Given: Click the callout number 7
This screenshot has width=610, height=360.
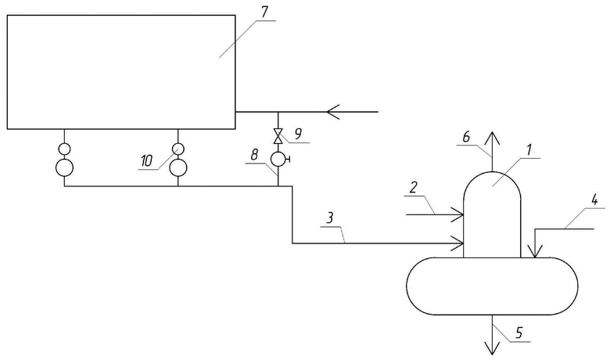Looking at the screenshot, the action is [264, 12].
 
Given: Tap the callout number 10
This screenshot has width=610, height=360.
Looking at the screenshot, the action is [147, 160].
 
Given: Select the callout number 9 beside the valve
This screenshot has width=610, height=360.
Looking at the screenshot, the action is [298, 134].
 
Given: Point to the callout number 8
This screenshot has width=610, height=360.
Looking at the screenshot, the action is [254, 155].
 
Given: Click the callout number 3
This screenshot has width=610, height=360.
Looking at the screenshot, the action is [330, 218].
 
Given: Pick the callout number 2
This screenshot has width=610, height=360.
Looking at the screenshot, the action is [413, 188].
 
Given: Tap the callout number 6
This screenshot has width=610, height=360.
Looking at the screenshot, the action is [466, 137].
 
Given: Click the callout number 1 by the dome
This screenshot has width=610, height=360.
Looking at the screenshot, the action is [529, 149].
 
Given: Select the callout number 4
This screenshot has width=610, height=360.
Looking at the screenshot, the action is [594, 201].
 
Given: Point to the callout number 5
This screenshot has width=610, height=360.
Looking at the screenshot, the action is [519, 333].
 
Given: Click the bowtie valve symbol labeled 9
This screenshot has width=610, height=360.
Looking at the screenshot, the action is [278, 137].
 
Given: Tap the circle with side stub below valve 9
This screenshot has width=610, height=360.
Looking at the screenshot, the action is [278, 159].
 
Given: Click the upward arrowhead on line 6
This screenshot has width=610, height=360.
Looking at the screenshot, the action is [492, 139].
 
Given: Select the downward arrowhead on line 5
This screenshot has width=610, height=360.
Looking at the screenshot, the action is [492, 348].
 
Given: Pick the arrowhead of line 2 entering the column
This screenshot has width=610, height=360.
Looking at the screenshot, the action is [457, 214].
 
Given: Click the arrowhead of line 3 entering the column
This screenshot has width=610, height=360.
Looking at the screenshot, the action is [457, 243].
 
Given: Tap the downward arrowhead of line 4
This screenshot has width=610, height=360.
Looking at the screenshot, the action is [535, 251].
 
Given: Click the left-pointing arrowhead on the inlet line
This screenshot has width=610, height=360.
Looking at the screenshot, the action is [333, 112].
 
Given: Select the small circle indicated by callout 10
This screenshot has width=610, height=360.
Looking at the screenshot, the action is [178, 149].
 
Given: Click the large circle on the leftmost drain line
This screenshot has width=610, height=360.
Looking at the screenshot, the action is [65, 167].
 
